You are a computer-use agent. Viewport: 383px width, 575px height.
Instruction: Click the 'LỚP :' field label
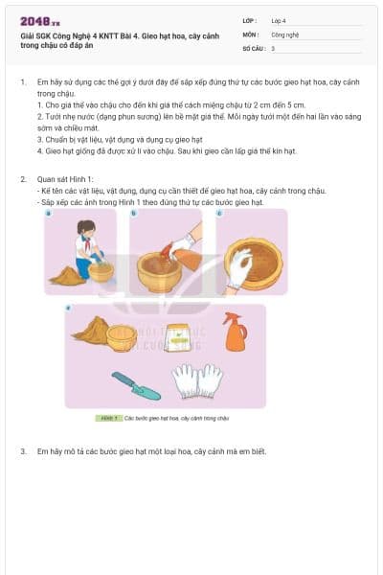[x=251, y=20]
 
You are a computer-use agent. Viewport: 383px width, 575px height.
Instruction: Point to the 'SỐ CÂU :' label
[x=254, y=47]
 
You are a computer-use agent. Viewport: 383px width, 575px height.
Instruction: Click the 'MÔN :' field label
[x=251, y=34]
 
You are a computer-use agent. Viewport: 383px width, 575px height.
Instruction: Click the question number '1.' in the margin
[x=23, y=82]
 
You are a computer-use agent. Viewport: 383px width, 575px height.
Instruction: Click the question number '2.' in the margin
[x=23, y=179]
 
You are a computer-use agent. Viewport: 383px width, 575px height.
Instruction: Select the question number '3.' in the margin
[x=23, y=450]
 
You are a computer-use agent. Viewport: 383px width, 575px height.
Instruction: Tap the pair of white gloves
[x=197, y=380]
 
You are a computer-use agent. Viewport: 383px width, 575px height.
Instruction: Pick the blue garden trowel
[x=135, y=384]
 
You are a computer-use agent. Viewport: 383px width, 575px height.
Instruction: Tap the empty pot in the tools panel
[x=122, y=337]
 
